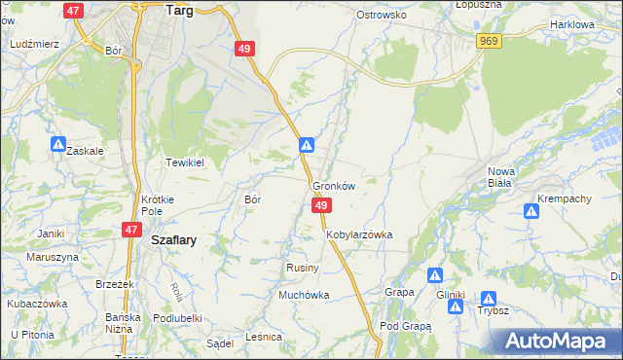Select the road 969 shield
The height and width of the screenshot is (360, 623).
point(490,40)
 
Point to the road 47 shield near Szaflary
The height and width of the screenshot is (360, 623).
point(130,229)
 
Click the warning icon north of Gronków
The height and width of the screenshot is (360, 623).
point(307,145)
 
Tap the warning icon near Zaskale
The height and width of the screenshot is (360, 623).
point(58,145)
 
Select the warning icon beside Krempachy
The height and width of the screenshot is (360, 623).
point(531,210)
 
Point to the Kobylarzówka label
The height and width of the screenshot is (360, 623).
point(359,234)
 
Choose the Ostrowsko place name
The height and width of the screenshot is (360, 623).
point(381,15)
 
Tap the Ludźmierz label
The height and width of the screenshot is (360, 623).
point(34,44)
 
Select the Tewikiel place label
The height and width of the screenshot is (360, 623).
point(184,162)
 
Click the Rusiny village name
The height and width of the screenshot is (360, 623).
point(299,268)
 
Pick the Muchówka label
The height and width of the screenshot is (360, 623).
point(304,294)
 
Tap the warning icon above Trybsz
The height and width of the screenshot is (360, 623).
point(489,300)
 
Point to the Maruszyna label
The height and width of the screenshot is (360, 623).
point(53,257)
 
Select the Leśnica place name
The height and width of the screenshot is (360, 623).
point(264,336)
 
